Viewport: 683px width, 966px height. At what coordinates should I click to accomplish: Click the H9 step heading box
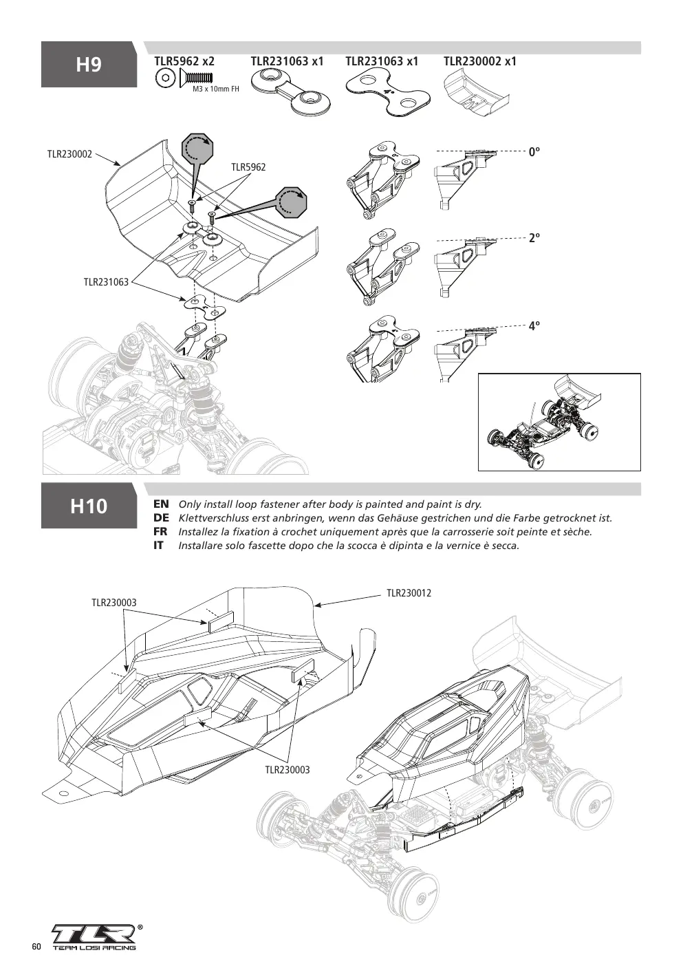pos(89,64)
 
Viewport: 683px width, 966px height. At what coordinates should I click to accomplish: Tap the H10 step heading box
pos(89,506)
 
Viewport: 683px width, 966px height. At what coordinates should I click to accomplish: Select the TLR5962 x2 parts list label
pos(184,61)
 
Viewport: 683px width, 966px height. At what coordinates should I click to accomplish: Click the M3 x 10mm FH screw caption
pos(215,89)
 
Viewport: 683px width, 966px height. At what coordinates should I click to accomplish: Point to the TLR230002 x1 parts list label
pos(480,61)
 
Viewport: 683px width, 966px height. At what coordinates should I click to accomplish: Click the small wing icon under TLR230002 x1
pos(477,96)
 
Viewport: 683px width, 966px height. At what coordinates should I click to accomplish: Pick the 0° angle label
pos(534,152)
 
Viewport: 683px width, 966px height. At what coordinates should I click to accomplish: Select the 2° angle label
pos(534,237)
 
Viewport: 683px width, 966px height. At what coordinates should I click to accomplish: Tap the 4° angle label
pos(534,325)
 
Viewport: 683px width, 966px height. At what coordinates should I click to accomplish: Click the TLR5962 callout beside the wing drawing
pos(248,167)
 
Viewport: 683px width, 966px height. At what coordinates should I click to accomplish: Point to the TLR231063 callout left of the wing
pos(106,282)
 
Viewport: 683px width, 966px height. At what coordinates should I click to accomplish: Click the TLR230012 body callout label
pos(409,593)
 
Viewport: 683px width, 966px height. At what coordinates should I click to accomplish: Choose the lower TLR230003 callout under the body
pos(288,770)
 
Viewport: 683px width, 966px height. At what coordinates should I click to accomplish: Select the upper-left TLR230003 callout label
pos(114,603)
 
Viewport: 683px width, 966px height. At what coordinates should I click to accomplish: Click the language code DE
pos(161,518)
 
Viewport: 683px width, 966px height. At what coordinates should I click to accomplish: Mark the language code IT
pos(158,546)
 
